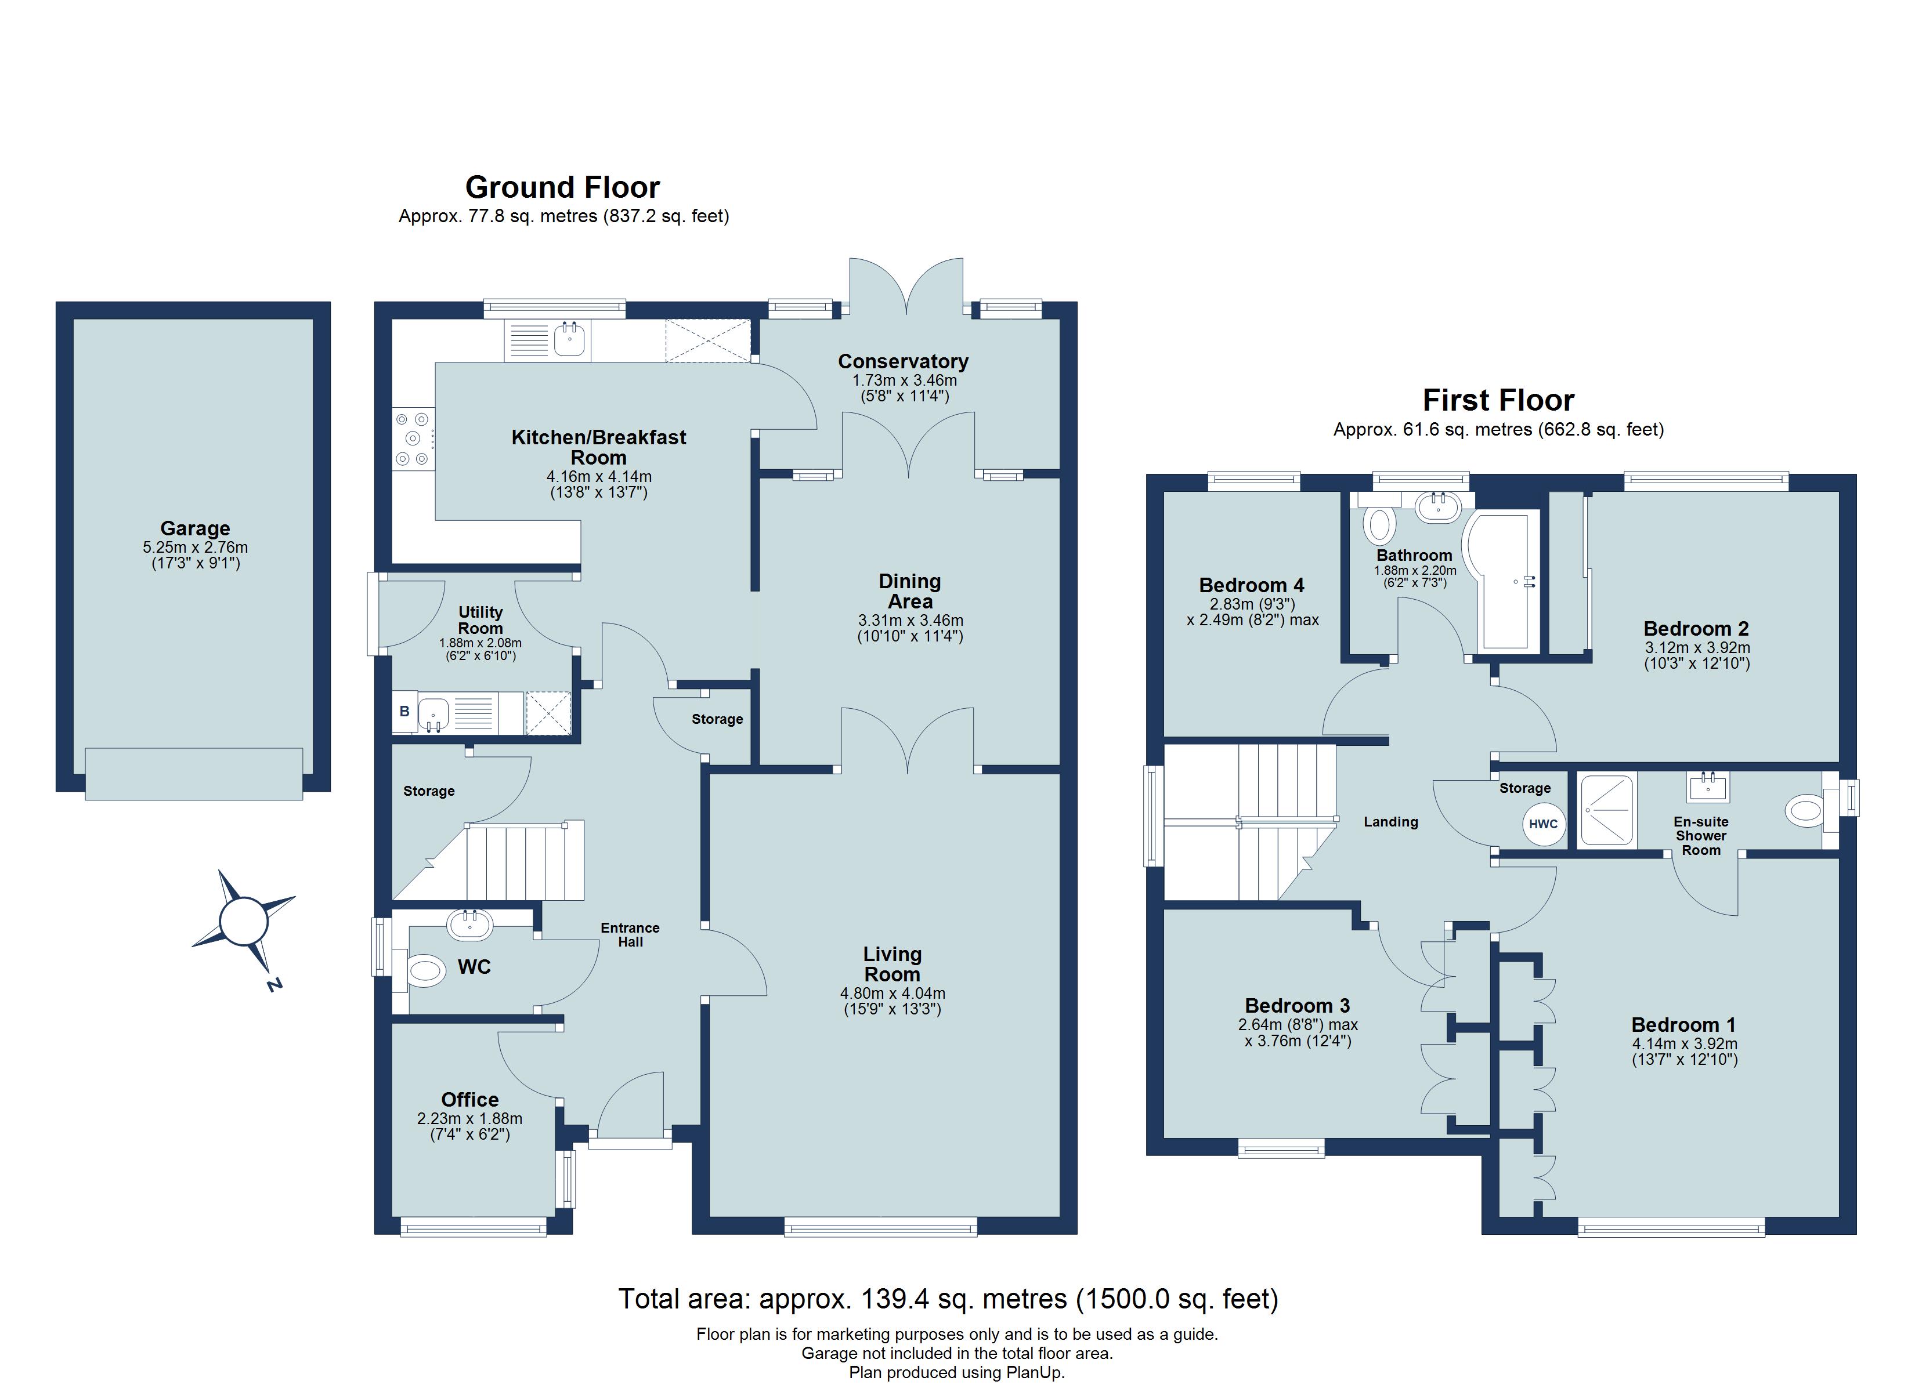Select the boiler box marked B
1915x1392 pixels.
(x=404, y=712)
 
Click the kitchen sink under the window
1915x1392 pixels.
(x=570, y=340)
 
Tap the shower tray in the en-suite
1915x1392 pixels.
(x=1607, y=810)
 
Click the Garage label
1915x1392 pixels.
(x=195, y=528)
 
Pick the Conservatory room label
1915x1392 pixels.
(x=902, y=361)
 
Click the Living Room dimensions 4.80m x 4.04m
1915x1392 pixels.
(x=893, y=994)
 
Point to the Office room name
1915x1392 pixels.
(x=469, y=1099)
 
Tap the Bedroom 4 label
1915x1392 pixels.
(x=1251, y=585)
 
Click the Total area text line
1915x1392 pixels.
(x=948, y=1298)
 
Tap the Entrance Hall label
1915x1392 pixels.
(x=630, y=934)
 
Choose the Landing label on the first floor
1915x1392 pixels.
(x=1390, y=821)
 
